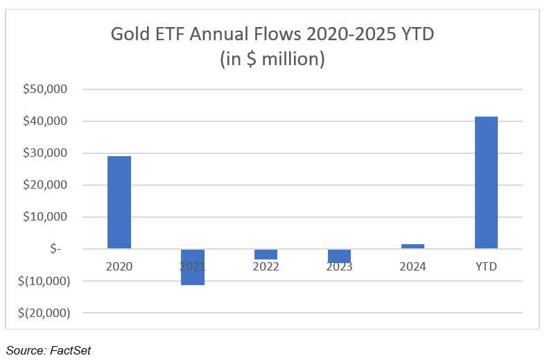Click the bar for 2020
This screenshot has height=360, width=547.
click(119, 202)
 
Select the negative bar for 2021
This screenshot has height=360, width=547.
click(193, 267)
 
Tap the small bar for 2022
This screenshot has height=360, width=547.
click(266, 254)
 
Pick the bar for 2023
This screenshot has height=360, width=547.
click(339, 256)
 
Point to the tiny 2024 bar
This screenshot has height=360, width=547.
click(413, 246)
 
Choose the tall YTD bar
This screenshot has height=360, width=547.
click(486, 182)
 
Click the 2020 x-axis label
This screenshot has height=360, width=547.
click(119, 266)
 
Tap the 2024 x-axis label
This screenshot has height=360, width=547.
click(413, 266)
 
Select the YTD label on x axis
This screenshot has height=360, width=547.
click(486, 266)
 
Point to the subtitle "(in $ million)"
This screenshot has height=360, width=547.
click(272, 59)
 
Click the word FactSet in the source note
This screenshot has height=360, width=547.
click(69, 350)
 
